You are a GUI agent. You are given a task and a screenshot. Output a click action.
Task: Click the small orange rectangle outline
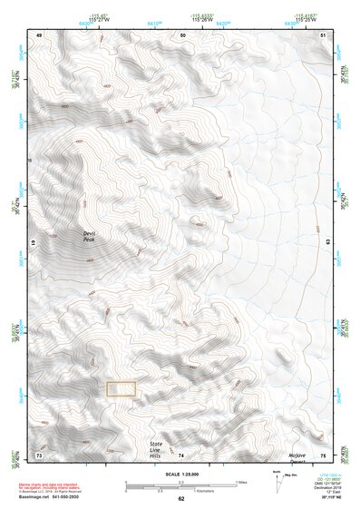(x=122, y=389)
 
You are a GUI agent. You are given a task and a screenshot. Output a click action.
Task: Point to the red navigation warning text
(x=51, y=487)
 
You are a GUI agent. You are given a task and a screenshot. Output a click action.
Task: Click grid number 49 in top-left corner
(x=39, y=34)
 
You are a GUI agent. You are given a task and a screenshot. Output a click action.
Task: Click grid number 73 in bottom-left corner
(x=39, y=454)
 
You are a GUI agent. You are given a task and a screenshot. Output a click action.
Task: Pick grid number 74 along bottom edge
(x=181, y=454)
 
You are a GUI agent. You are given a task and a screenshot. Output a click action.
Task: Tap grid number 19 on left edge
(x=35, y=244)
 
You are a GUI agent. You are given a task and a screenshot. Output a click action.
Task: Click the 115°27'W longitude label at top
(x=100, y=18)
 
